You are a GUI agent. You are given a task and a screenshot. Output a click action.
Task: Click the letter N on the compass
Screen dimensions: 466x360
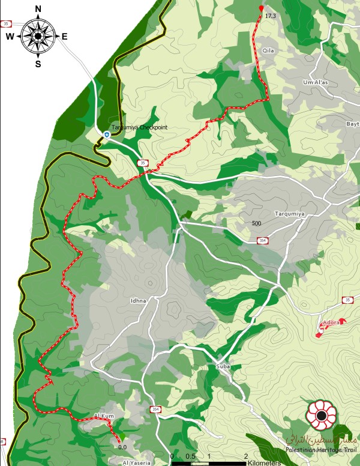pyautogui.click(x=38, y=9)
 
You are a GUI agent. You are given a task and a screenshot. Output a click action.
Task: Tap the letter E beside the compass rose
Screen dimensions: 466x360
pyautogui.click(x=64, y=36)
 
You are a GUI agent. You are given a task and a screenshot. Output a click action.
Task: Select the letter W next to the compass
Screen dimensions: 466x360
pyautogui.click(x=10, y=36)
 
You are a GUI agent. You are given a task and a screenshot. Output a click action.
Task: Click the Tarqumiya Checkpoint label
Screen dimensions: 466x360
pyautogui.click(x=139, y=127)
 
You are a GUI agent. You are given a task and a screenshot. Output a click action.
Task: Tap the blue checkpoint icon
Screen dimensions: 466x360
pyautogui.click(x=106, y=135)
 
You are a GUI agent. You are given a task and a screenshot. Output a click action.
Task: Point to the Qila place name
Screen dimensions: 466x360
pyautogui.click(x=268, y=52)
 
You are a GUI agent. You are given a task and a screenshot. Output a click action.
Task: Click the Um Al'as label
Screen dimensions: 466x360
pyautogui.click(x=317, y=82)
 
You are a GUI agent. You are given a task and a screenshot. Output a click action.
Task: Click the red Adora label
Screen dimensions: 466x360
pyautogui.click(x=331, y=322)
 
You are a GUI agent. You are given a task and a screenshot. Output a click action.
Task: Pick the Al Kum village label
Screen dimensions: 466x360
pyautogui.click(x=104, y=416)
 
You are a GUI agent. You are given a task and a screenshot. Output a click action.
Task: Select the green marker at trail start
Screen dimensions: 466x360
pyautogui.click(x=122, y=437)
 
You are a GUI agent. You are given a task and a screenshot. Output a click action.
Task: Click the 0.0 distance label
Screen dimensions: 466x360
pyautogui.click(x=122, y=447)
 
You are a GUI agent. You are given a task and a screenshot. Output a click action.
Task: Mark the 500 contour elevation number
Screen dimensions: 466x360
pyautogui.click(x=257, y=223)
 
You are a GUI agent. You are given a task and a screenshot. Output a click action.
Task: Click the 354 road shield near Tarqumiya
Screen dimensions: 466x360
pyautogui.click(x=262, y=240)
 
